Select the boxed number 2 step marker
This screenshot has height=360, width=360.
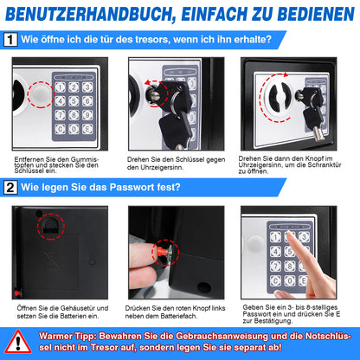click(x=11, y=187)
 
